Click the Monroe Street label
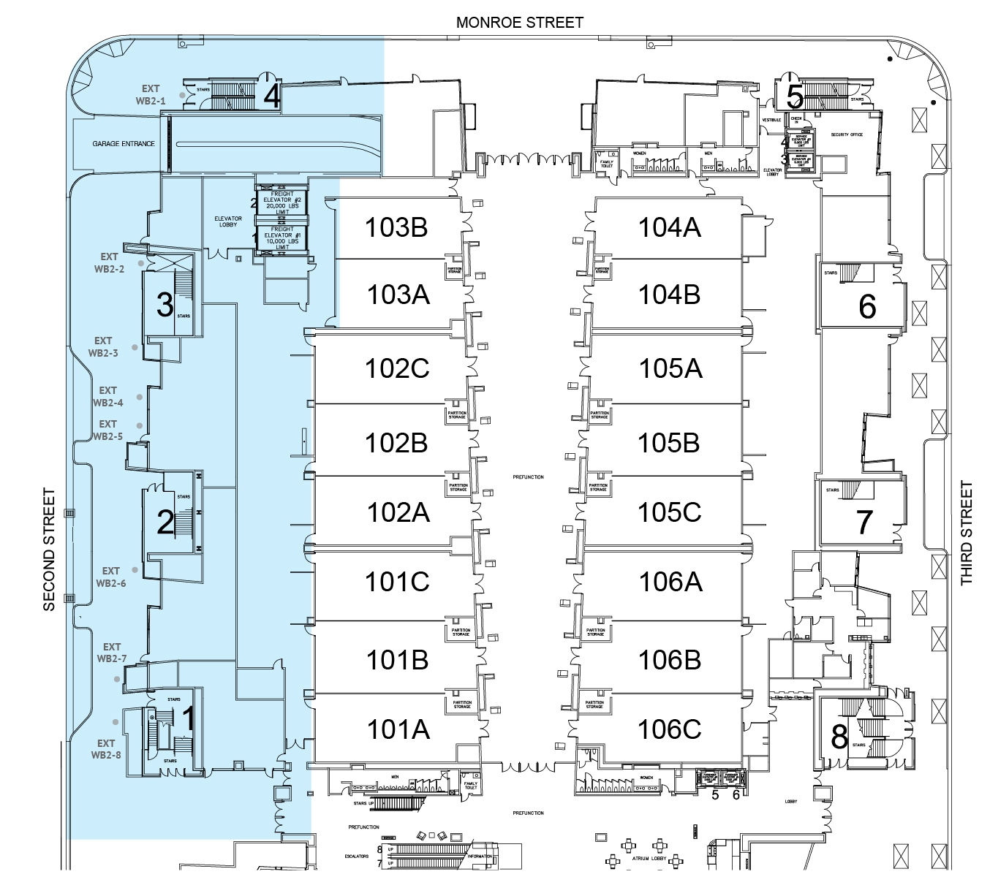tap(519, 23)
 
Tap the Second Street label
tap(49, 549)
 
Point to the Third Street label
tap(967, 533)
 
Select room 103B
tap(396, 227)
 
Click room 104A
tap(669, 227)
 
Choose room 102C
tap(397, 368)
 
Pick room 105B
tap(668, 443)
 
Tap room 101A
tap(398, 729)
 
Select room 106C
tap(669, 729)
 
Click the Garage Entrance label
tap(124, 144)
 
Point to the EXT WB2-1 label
tap(151, 95)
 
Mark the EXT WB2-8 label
tap(106, 749)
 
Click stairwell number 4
tap(272, 96)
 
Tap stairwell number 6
tap(867, 307)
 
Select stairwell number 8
tap(839, 737)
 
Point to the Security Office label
tap(847, 134)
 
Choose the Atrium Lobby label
tap(649, 859)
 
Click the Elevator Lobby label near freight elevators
tap(228, 221)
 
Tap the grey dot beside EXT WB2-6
tap(135, 569)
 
